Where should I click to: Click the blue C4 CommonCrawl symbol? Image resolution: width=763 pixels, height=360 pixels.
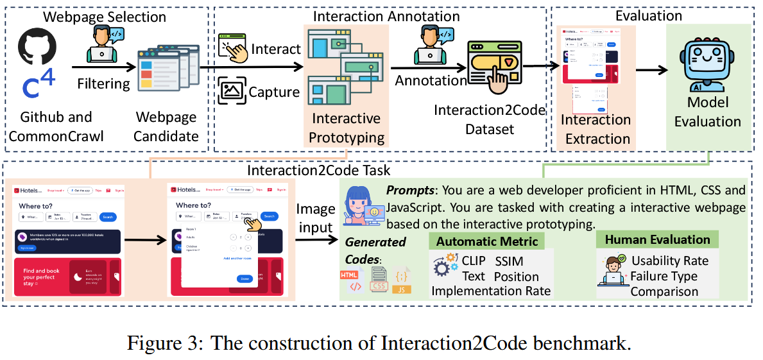[38, 85]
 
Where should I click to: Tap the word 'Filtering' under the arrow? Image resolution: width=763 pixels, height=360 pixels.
[103, 83]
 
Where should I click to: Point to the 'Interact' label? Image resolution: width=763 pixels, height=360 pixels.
[276, 49]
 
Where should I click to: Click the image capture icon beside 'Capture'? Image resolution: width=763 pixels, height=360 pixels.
[232, 90]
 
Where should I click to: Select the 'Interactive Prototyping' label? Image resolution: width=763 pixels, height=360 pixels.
[346, 128]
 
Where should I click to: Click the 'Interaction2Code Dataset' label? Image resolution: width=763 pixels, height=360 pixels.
[489, 119]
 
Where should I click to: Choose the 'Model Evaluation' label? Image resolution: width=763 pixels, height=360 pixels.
[708, 112]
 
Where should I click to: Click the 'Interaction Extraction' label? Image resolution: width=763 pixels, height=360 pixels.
[595, 129]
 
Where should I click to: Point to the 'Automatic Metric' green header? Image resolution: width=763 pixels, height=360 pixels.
[486, 241]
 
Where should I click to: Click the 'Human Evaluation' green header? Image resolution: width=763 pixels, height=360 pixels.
[657, 239]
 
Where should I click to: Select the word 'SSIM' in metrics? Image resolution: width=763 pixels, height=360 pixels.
[509, 261]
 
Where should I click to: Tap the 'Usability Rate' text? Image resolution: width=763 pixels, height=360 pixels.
[669, 261]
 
